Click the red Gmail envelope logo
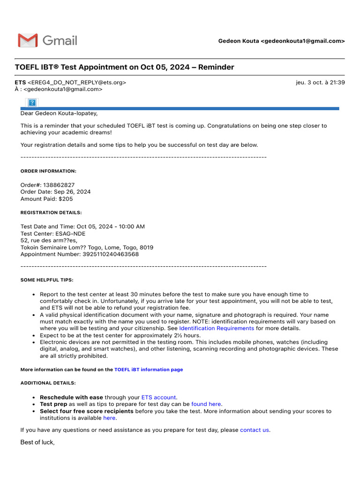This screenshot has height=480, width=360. coord(28,41)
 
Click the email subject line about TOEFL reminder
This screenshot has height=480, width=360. coord(124,67)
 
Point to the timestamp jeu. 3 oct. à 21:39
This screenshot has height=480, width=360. coord(320,82)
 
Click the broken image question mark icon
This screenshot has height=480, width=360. coord(32,102)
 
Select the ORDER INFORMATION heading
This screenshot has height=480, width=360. coord(48,171)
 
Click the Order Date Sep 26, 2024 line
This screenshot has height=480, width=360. coord(55,192)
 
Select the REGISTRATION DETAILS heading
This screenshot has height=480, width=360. coord(51,213)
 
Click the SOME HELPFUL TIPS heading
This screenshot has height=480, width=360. coord(47,280)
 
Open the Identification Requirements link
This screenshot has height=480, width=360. coord(216,329)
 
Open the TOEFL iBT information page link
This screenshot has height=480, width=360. coord(149,370)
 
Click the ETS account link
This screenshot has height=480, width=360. coord(158,397)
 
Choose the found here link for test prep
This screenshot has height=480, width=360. coord(206,404)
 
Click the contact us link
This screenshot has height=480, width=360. coord(255,430)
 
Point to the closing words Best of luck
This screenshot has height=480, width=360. coord(37,442)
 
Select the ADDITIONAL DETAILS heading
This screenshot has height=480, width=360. coord(48,383)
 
